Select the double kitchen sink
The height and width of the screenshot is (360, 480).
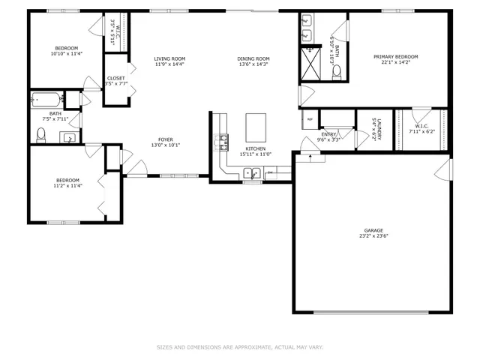(x=252, y=174)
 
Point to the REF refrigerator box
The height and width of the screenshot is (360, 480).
(x=309, y=118)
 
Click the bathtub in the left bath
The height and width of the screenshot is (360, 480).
(x=46, y=99)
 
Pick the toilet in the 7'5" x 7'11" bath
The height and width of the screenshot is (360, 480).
(x=42, y=134)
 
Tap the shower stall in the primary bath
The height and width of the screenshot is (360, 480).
(x=310, y=63)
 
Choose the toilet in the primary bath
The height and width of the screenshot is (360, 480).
(x=337, y=72)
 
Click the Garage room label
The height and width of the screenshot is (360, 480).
(x=373, y=231)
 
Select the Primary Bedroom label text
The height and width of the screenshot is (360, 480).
(x=396, y=57)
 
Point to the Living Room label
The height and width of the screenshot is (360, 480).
(x=169, y=58)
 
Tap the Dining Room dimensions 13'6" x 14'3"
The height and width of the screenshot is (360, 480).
(x=253, y=64)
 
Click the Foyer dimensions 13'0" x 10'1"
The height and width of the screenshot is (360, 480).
(x=166, y=145)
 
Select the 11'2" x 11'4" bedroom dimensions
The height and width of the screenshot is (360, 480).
(x=67, y=185)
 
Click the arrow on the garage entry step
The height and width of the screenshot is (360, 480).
(x=309, y=157)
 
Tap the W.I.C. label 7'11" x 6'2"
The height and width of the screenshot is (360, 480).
(x=419, y=131)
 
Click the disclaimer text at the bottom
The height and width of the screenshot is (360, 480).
(x=240, y=347)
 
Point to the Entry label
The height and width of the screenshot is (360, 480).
(x=328, y=134)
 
